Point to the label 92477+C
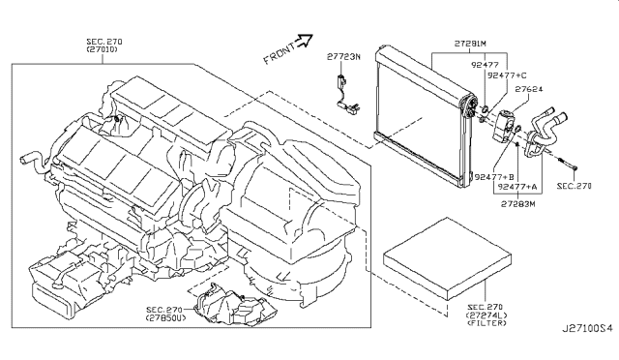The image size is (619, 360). coord(507,75)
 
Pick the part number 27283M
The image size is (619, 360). coord(519,205)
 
